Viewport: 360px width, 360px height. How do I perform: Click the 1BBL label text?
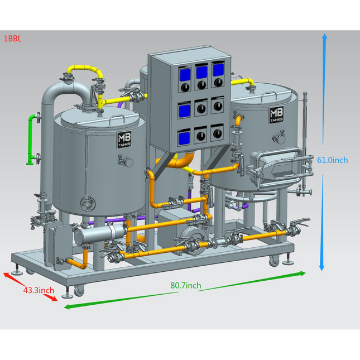pyautogui.click(x=12, y=40)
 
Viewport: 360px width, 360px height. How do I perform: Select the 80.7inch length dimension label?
pyautogui.click(x=186, y=286)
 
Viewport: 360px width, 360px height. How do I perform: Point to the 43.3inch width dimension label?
pyautogui.click(x=39, y=290)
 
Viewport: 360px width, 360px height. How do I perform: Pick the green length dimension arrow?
pyautogui.click(x=184, y=290)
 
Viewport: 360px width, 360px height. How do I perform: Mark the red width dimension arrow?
pyautogui.click(x=31, y=287)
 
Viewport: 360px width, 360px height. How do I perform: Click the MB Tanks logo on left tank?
pyautogui.click(x=124, y=140)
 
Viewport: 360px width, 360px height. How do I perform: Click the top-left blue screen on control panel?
pyautogui.click(x=185, y=74)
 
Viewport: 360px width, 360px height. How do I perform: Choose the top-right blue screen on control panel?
pyautogui.click(x=218, y=71)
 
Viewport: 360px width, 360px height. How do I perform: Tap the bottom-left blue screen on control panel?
pyautogui.click(x=184, y=138)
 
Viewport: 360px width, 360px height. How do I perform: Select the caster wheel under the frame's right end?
pyautogui.click(x=274, y=261)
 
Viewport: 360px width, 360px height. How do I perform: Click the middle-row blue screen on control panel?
pyautogui.click(x=184, y=110)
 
